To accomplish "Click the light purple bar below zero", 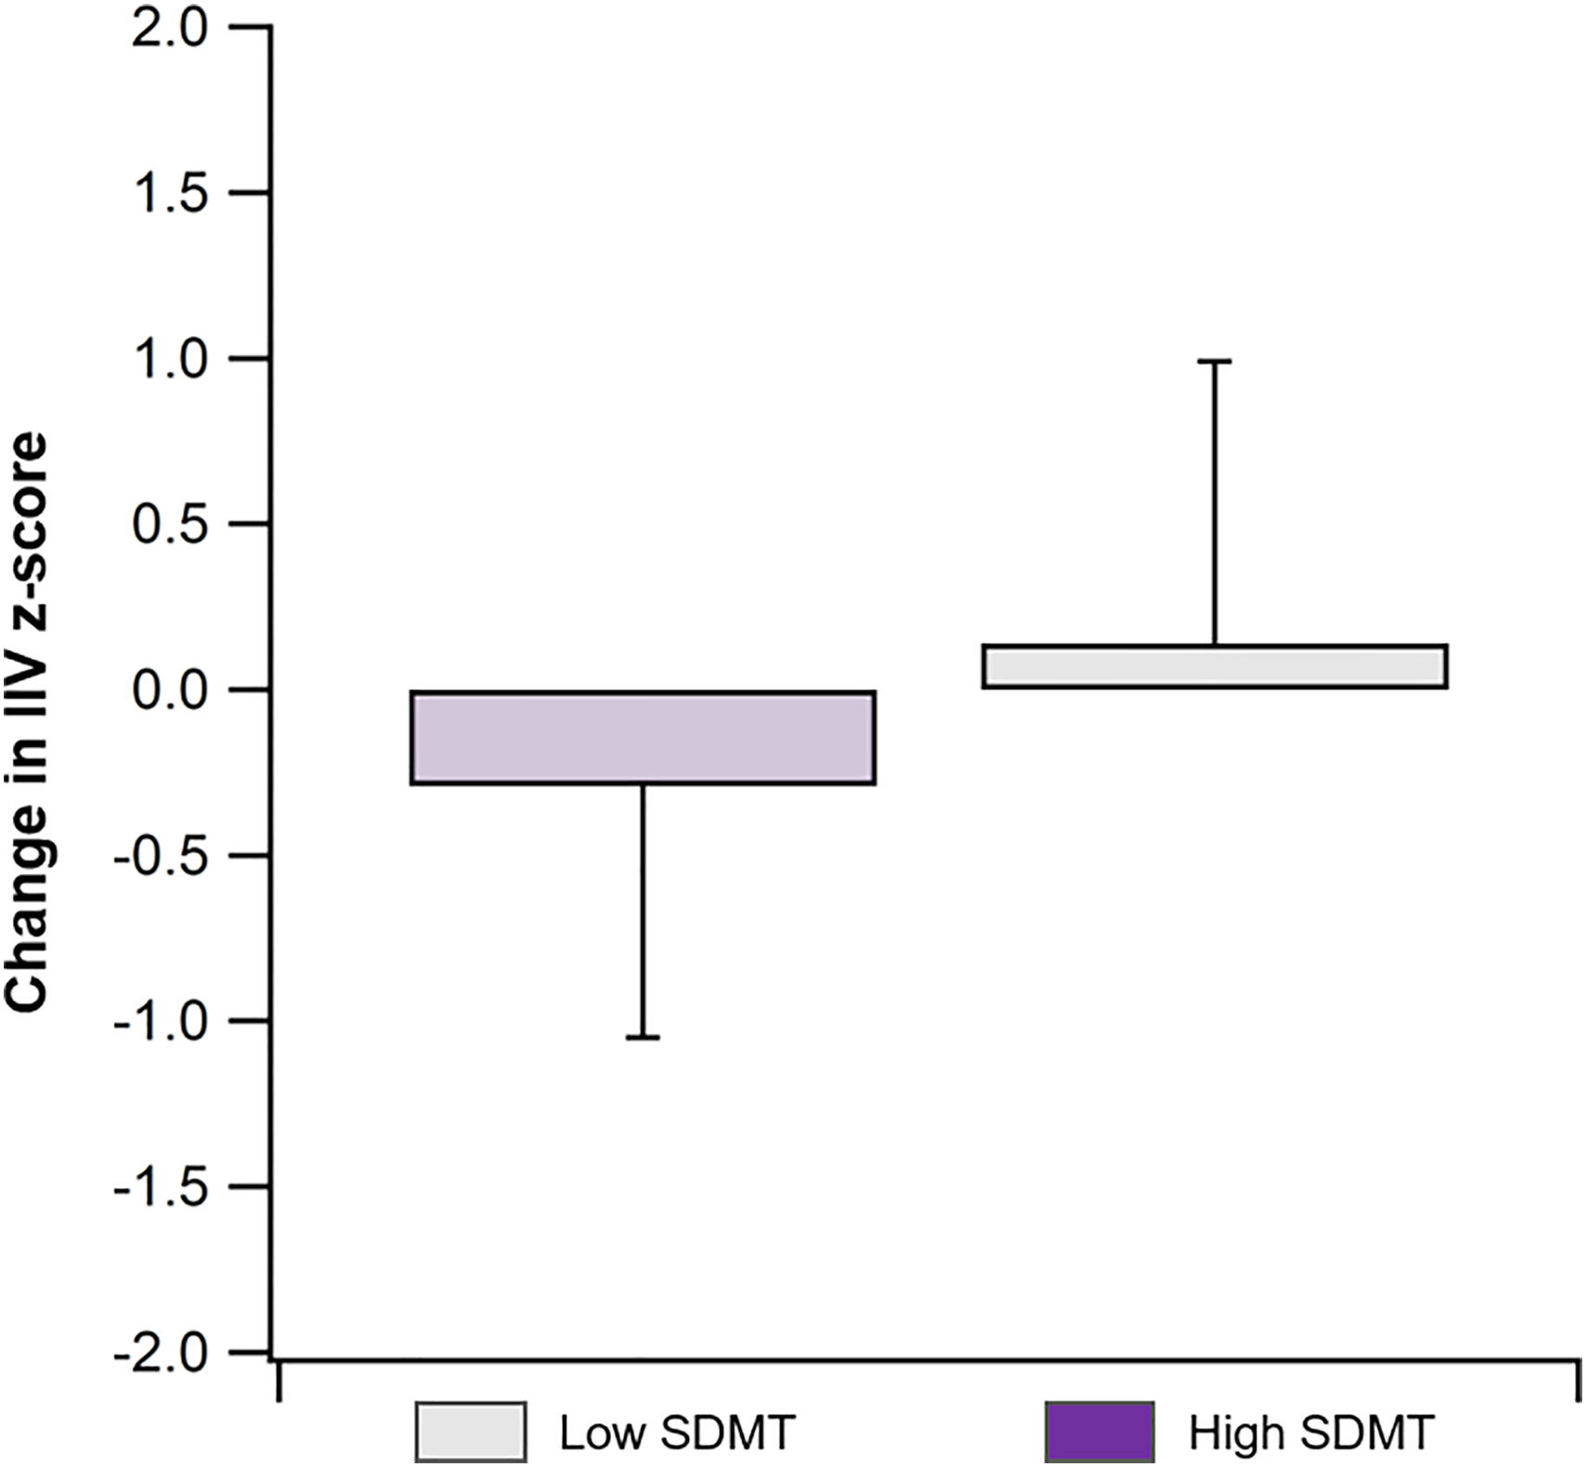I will point(643,738).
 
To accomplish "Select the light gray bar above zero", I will point(1214,666).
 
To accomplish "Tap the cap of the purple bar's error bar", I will point(643,1037).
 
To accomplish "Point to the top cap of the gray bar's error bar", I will point(1214,360).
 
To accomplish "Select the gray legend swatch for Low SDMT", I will point(470,1433).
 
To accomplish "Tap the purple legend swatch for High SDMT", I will point(1099,1433).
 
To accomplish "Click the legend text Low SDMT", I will point(677,1433).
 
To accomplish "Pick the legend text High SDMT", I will point(1311,1433).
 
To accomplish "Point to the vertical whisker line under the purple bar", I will point(643,910).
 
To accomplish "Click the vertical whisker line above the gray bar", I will point(1214,502).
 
